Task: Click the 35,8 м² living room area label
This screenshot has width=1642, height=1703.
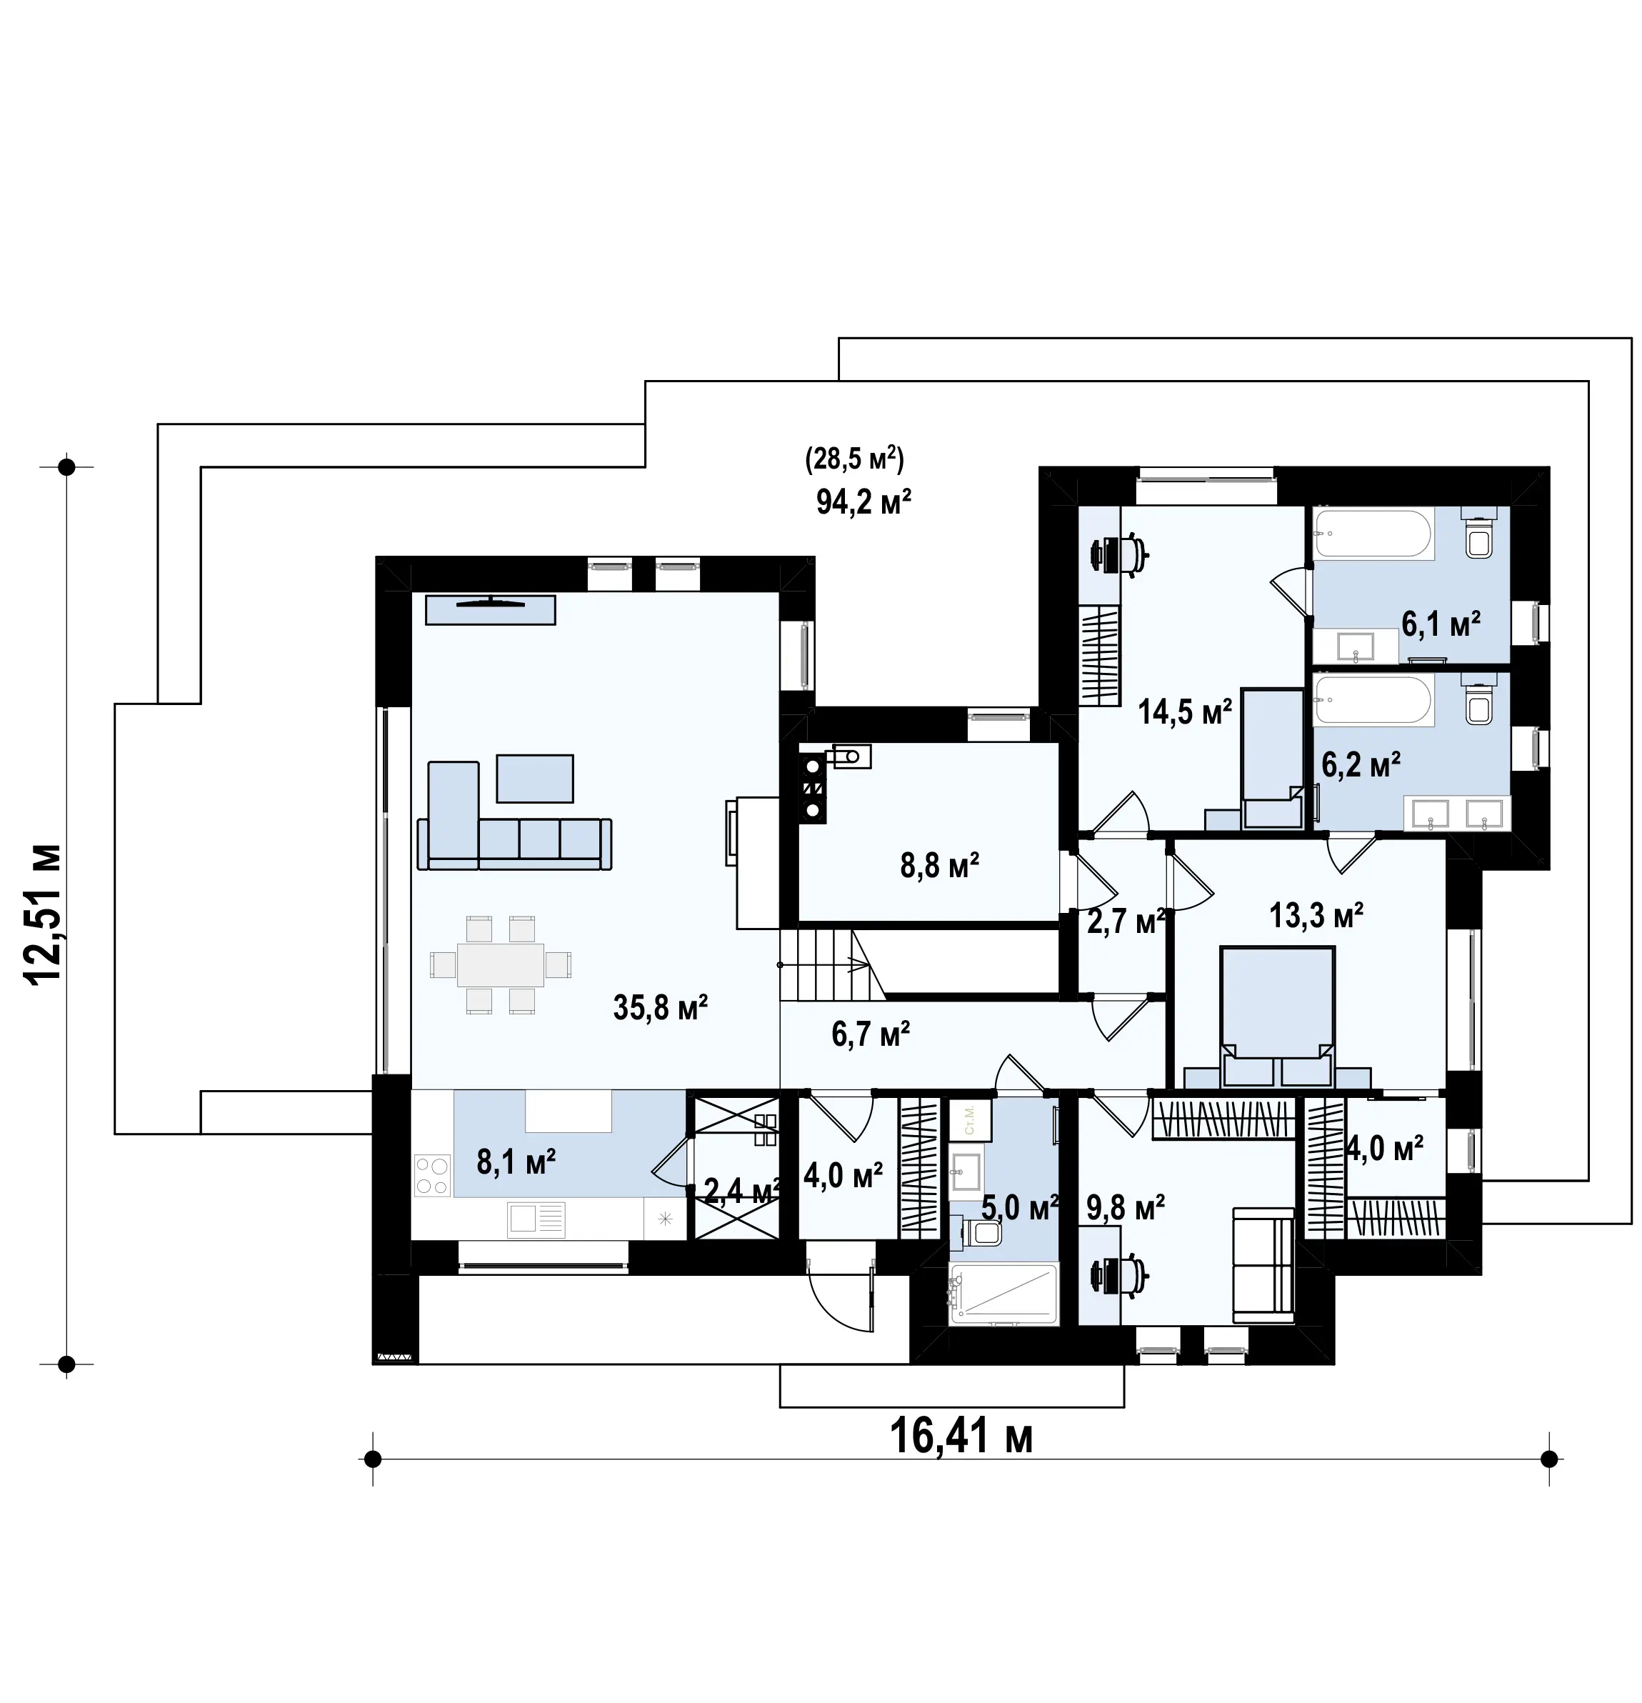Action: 660,1007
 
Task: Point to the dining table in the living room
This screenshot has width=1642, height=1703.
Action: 501,964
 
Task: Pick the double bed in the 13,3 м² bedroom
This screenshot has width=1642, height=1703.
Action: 1276,1016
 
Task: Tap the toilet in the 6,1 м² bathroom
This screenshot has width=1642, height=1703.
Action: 1478,534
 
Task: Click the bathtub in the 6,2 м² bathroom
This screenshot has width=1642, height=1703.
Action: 1373,700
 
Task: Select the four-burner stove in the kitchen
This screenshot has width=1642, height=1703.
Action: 433,1174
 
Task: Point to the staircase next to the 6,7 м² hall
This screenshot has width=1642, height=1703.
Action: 832,964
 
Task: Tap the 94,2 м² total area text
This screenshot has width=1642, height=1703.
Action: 863,501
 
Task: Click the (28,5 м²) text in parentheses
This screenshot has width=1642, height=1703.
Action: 855,458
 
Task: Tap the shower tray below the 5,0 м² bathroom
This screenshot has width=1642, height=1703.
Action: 1004,1294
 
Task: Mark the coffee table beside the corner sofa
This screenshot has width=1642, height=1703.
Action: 535,779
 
